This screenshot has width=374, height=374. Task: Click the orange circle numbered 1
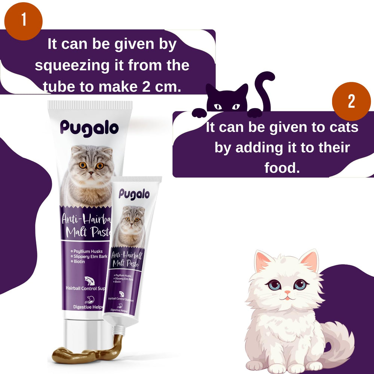tap(23, 21)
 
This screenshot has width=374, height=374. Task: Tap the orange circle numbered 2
tap(351, 101)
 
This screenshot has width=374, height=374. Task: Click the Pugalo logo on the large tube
tap(89, 128)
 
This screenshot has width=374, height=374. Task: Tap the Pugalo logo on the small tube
tap(134, 194)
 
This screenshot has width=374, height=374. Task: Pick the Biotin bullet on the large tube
tap(78, 262)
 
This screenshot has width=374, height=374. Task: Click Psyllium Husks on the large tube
tap(87, 251)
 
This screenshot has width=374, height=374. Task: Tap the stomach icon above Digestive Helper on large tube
tap(89, 300)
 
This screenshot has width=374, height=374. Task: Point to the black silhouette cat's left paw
tap(199, 113)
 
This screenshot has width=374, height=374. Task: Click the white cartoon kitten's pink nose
tap(288, 292)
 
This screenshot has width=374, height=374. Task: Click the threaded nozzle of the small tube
tap(119, 330)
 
